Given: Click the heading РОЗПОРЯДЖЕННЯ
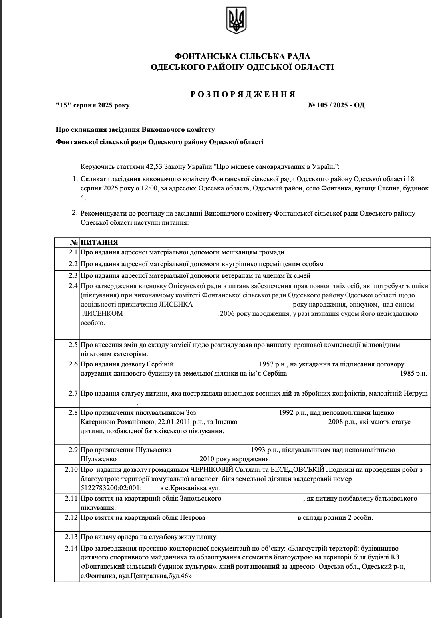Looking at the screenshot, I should tap(243, 94).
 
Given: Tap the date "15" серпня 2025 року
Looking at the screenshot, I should tap(93, 105).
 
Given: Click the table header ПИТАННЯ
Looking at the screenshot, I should tap(99, 242).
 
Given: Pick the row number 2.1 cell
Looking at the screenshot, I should tap(72, 252).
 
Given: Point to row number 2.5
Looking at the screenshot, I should tap(72, 345).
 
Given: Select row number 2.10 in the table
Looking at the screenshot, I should tap(71, 469).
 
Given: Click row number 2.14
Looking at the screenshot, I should tap(71, 548).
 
